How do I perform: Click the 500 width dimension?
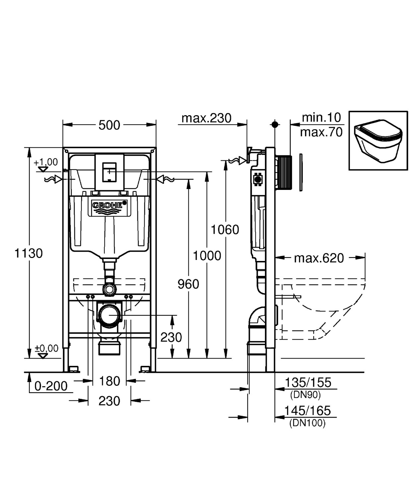[x=109, y=125]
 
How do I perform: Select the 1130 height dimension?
[x=29, y=253]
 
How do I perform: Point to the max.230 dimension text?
[x=206, y=118]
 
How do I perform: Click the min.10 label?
[x=321, y=117]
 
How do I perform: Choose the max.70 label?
[x=321, y=132]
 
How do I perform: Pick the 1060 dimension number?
[x=225, y=229]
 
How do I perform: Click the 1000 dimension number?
[x=207, y=256]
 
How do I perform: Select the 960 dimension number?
[x=188, y=284]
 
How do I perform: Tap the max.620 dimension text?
[x=319, y=258]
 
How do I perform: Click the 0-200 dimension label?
[x=51, y=386]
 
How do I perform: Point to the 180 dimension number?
[x=109, y=381]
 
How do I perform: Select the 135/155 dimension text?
[x=308, y=382]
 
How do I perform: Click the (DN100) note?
[x=307, y=423]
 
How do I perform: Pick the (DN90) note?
[x=305, y=395]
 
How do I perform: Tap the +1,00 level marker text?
[x=46, y=162]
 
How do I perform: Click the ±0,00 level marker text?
[x=47, y=348]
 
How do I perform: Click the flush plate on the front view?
[x=109, y=172]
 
